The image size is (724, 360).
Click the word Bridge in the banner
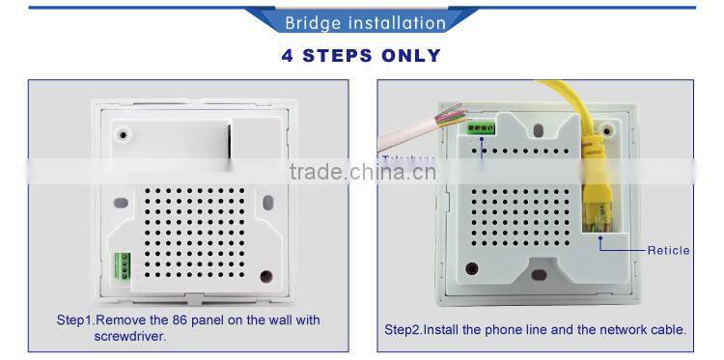click(x=311, y=22)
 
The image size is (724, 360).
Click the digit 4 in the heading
click(x=289, y=55)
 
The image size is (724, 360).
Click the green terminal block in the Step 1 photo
click(x=122, y=265)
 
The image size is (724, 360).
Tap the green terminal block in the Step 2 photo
click(x=480, y=125)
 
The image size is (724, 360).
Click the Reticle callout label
click(x=668, y=250)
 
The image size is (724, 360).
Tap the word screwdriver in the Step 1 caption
click(x=129, y=337)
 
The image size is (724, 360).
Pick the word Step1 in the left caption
click(x=75, y=319)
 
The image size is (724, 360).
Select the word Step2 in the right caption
click(x=404, y=329)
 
